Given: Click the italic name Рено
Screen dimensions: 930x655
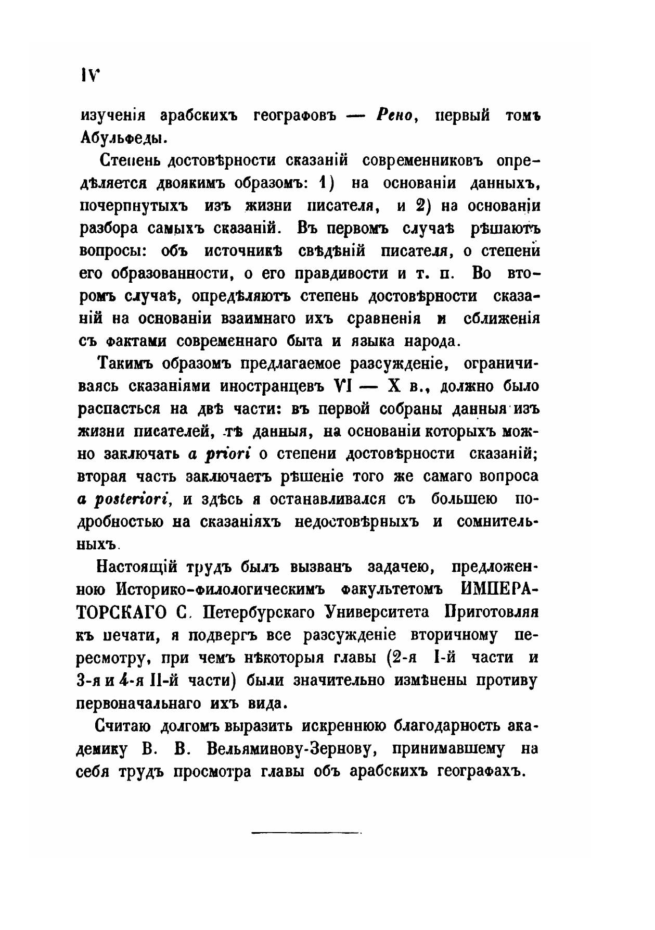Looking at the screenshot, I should (397, 116).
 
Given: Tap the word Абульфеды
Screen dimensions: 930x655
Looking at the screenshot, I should (123, 138).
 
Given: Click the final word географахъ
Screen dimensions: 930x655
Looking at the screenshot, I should (474, 771).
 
